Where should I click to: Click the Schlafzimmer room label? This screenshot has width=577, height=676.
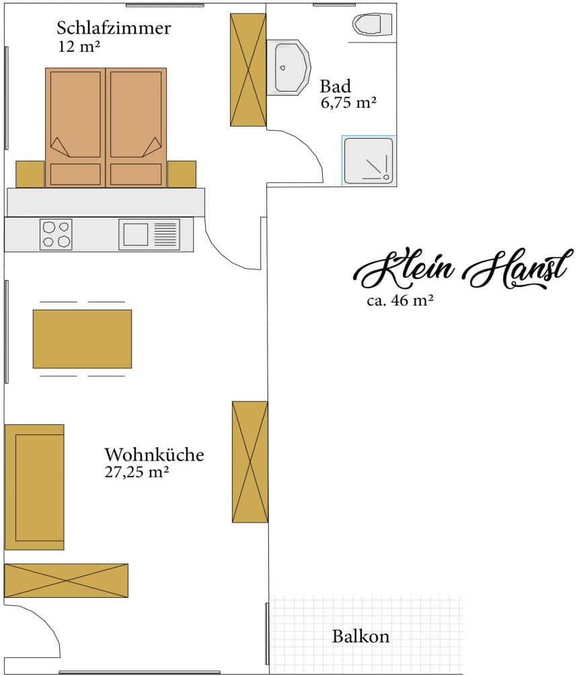tap(114, 28)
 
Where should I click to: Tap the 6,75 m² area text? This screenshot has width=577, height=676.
tap(348, 103)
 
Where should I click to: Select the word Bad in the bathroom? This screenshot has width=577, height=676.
tap(335, 86)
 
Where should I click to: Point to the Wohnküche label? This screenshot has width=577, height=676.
tap(154, 455)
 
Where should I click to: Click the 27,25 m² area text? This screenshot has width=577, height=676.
tap(137, 472)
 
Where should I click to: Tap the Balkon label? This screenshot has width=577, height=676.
tap(360, 636)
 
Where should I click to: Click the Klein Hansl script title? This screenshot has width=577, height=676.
tap(464, 269)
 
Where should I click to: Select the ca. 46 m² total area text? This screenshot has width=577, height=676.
tap(399, 300)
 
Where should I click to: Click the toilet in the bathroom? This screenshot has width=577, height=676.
tap(372, 24)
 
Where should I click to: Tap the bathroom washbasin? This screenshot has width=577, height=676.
tap(288, 67)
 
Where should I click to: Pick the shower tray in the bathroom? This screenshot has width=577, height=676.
tap(369, 161)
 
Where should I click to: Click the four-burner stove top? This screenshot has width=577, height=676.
tap(56, 234)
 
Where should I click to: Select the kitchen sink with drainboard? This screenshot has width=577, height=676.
tap(149, 234)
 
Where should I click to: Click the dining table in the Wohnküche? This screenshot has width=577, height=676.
tap(82, 339)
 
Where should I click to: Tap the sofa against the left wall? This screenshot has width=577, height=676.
tap(34, 487)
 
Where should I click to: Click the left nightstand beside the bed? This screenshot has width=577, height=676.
tap(30, 174)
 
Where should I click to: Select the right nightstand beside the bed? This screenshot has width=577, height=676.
tap(182, 174)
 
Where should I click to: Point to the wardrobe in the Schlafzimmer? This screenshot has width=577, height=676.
tap(248, 70)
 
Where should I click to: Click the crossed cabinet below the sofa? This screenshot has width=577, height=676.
tap(67, 580)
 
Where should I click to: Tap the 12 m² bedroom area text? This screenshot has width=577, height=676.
tap(79, 46)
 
